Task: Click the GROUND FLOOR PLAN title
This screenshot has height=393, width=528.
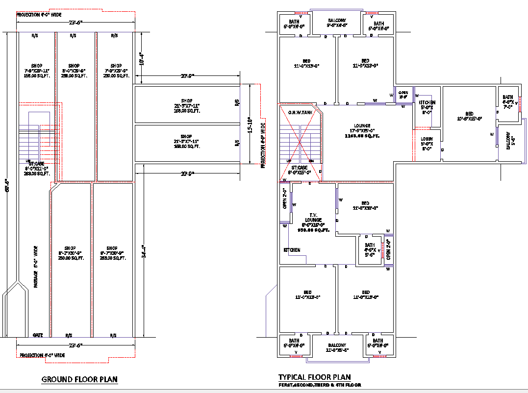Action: [79, 379]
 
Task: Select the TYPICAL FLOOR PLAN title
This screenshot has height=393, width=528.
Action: [314, 377]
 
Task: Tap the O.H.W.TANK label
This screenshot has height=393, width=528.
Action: [300, 113]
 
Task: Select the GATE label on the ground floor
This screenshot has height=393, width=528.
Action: [38, 335]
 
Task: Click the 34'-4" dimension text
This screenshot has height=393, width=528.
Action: [143, 251]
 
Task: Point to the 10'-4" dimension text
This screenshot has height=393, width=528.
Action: [141, 59]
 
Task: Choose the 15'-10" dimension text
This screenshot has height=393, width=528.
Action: [250, 125]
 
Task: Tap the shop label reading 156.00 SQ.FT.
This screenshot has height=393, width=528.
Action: [36, 71]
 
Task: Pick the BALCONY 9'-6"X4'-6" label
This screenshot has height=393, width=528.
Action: [337, 23]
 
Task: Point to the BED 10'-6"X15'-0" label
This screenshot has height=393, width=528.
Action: [469, 116]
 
